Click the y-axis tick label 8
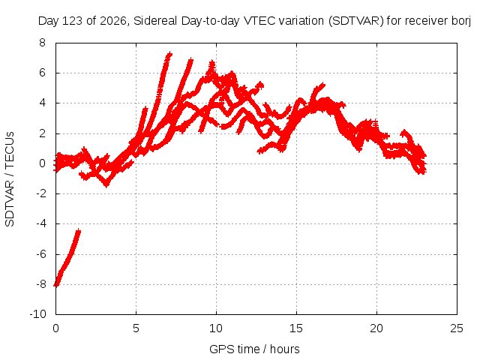pyautogui.click(x=42, y=43)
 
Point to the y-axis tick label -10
pyautogui.click(x=37, y=314)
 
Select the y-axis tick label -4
pyautogui.click(x=41, y=223)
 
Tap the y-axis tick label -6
pyautogui.click(x=41, y=253)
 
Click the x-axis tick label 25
pyautogui.click(x=457, y=328)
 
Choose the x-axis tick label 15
pyautogui.click(x=296, y=328)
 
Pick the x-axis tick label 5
pyautogui.click(x=136, y=328)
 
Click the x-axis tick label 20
pyautogui.click(x=376, y=328)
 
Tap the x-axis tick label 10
pyautogui.click(x=216, y=328)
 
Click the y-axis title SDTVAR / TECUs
pyautogui.click(x=10, y=179)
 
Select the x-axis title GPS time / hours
pyautogui.click(x=254, y=349)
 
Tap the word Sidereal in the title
pyautogui.click(x=155, y=21)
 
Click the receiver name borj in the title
pyautogui.click(x=461, y=22)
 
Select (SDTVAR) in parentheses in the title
pyautogui.click(x=356, y=21)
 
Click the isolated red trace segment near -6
pyautogui.click(x=67, y=258)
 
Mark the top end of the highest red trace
pyautogui.click(x=169, y=54)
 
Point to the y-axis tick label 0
pyautogui.click(x=42, y=163)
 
